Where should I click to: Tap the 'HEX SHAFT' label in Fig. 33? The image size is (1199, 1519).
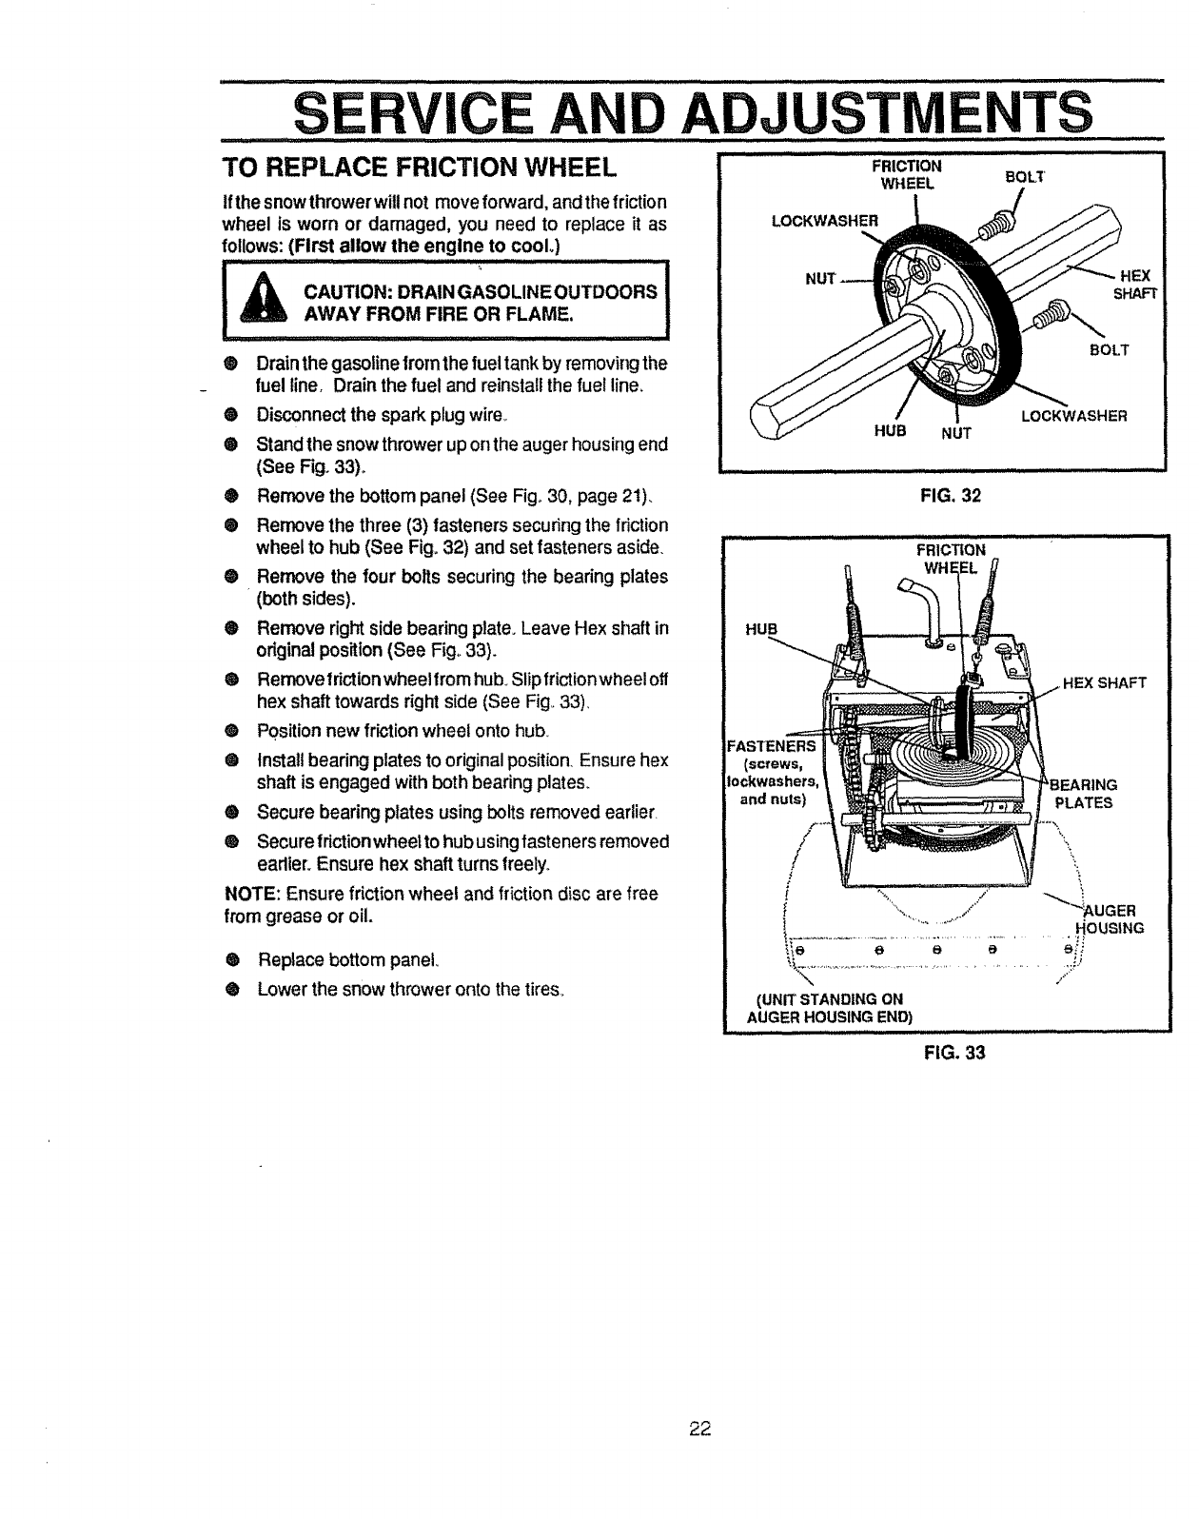(x=1105, y=682)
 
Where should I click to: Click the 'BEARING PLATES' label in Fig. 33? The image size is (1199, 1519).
(x=1083, y=794)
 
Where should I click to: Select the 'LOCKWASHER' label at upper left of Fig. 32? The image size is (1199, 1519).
(x=826, y=221)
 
